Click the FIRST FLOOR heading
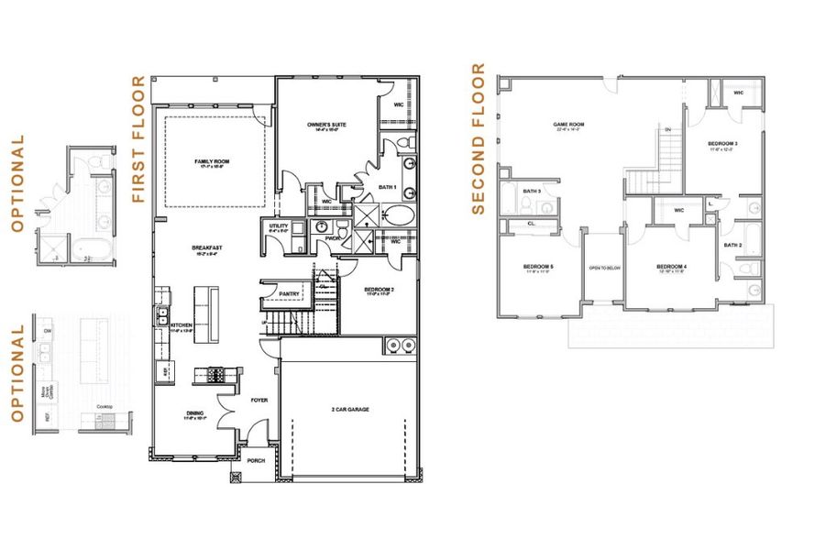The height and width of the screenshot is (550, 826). tap(139, 139)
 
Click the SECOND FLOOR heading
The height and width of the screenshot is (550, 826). tap(478, 138)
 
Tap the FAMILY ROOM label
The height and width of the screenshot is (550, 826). tap(211, 161)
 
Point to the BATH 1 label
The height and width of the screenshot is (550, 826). tap(387, 187)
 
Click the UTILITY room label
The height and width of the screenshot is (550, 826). tap(279, 225)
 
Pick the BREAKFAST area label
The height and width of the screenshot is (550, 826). tap(207, 247)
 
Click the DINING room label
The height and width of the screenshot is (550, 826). tap(194, 413)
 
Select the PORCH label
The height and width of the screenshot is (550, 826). tap(254, 461)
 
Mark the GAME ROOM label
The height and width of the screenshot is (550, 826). tap(568, 126)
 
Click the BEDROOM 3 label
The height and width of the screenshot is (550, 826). tap(723, 144)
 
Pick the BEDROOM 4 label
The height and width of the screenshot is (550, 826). tap(671, 267)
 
